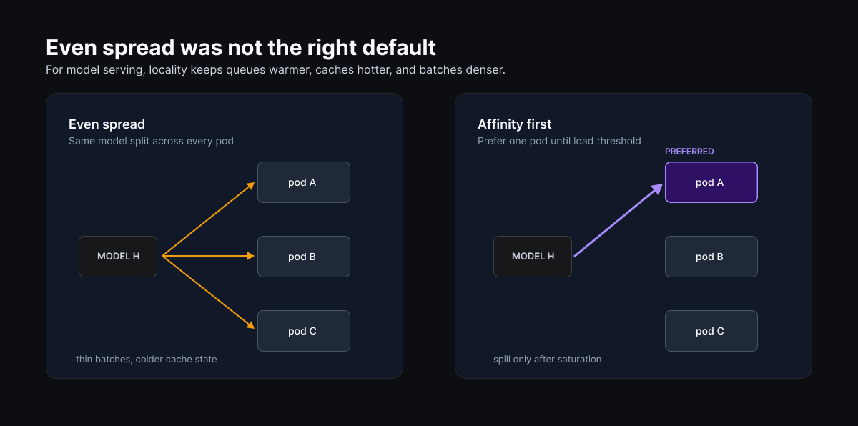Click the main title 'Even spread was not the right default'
240,48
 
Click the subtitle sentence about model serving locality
275,70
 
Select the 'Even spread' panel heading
107,124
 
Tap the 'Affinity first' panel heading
514,124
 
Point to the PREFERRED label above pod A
689,152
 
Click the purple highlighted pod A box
711,182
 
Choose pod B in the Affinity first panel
711,257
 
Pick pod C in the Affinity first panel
711,331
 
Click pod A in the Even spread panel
304,182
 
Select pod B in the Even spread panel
304,257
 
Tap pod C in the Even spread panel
304,331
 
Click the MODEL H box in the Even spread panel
118,257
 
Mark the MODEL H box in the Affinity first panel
533,257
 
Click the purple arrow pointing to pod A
618,220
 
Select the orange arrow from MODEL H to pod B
208,256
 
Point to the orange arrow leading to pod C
208,292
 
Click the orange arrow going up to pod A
208,219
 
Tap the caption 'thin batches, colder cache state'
147,360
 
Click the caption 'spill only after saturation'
548,360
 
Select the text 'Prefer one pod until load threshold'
559,142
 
